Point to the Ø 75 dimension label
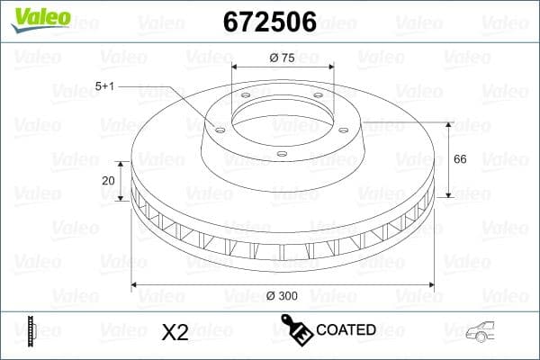[x=283, y=58]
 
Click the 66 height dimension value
[x=459, y=158]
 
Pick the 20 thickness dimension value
[x=109, y=180]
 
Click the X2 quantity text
[x=174, y=332]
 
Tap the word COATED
[x=346, y=330]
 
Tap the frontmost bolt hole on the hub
[x=281, y=154]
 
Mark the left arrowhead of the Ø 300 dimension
[x=136, y=284]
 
